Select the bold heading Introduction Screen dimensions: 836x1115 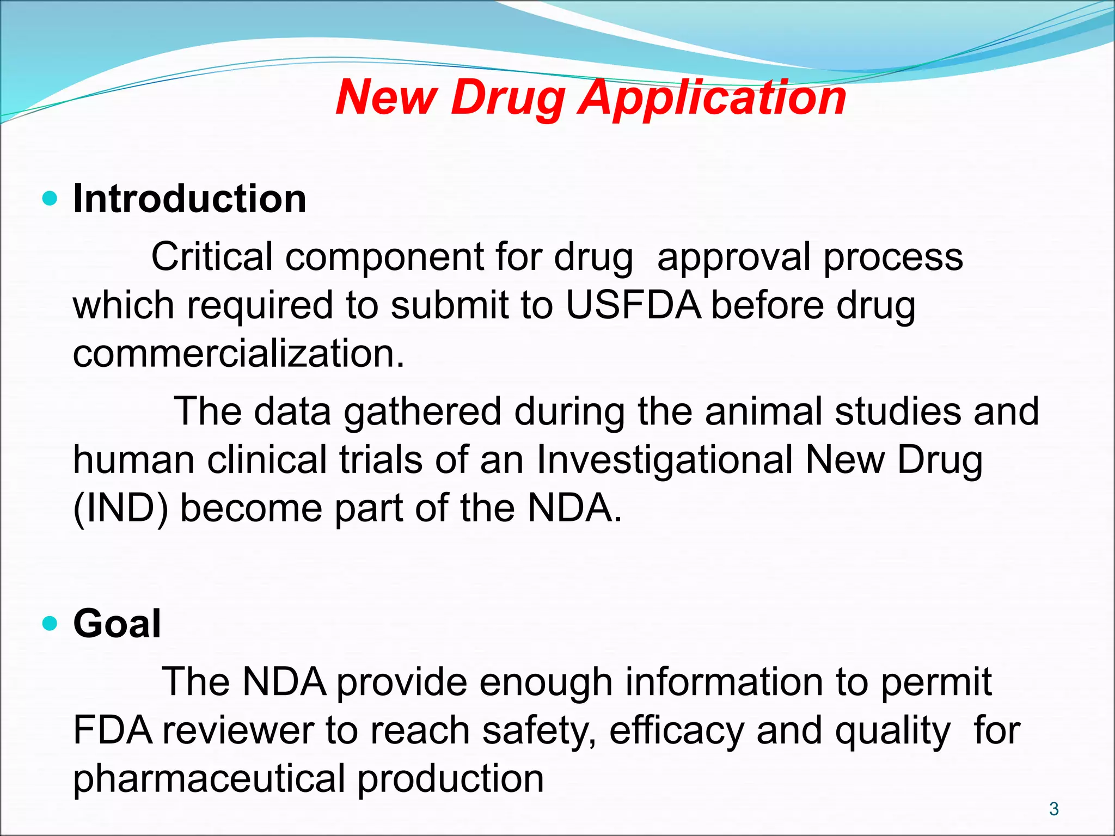(189, 199)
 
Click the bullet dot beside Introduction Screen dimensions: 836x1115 (50, 199)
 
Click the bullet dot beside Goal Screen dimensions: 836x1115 (50, 623)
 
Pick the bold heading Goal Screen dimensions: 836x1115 (117, 624)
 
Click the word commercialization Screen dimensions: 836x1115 (238, 353)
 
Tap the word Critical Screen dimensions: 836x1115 (212, 257)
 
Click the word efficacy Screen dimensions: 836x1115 (677, 731)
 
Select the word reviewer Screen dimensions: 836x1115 (237, 731)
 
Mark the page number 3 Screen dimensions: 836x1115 (1053, 809)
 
